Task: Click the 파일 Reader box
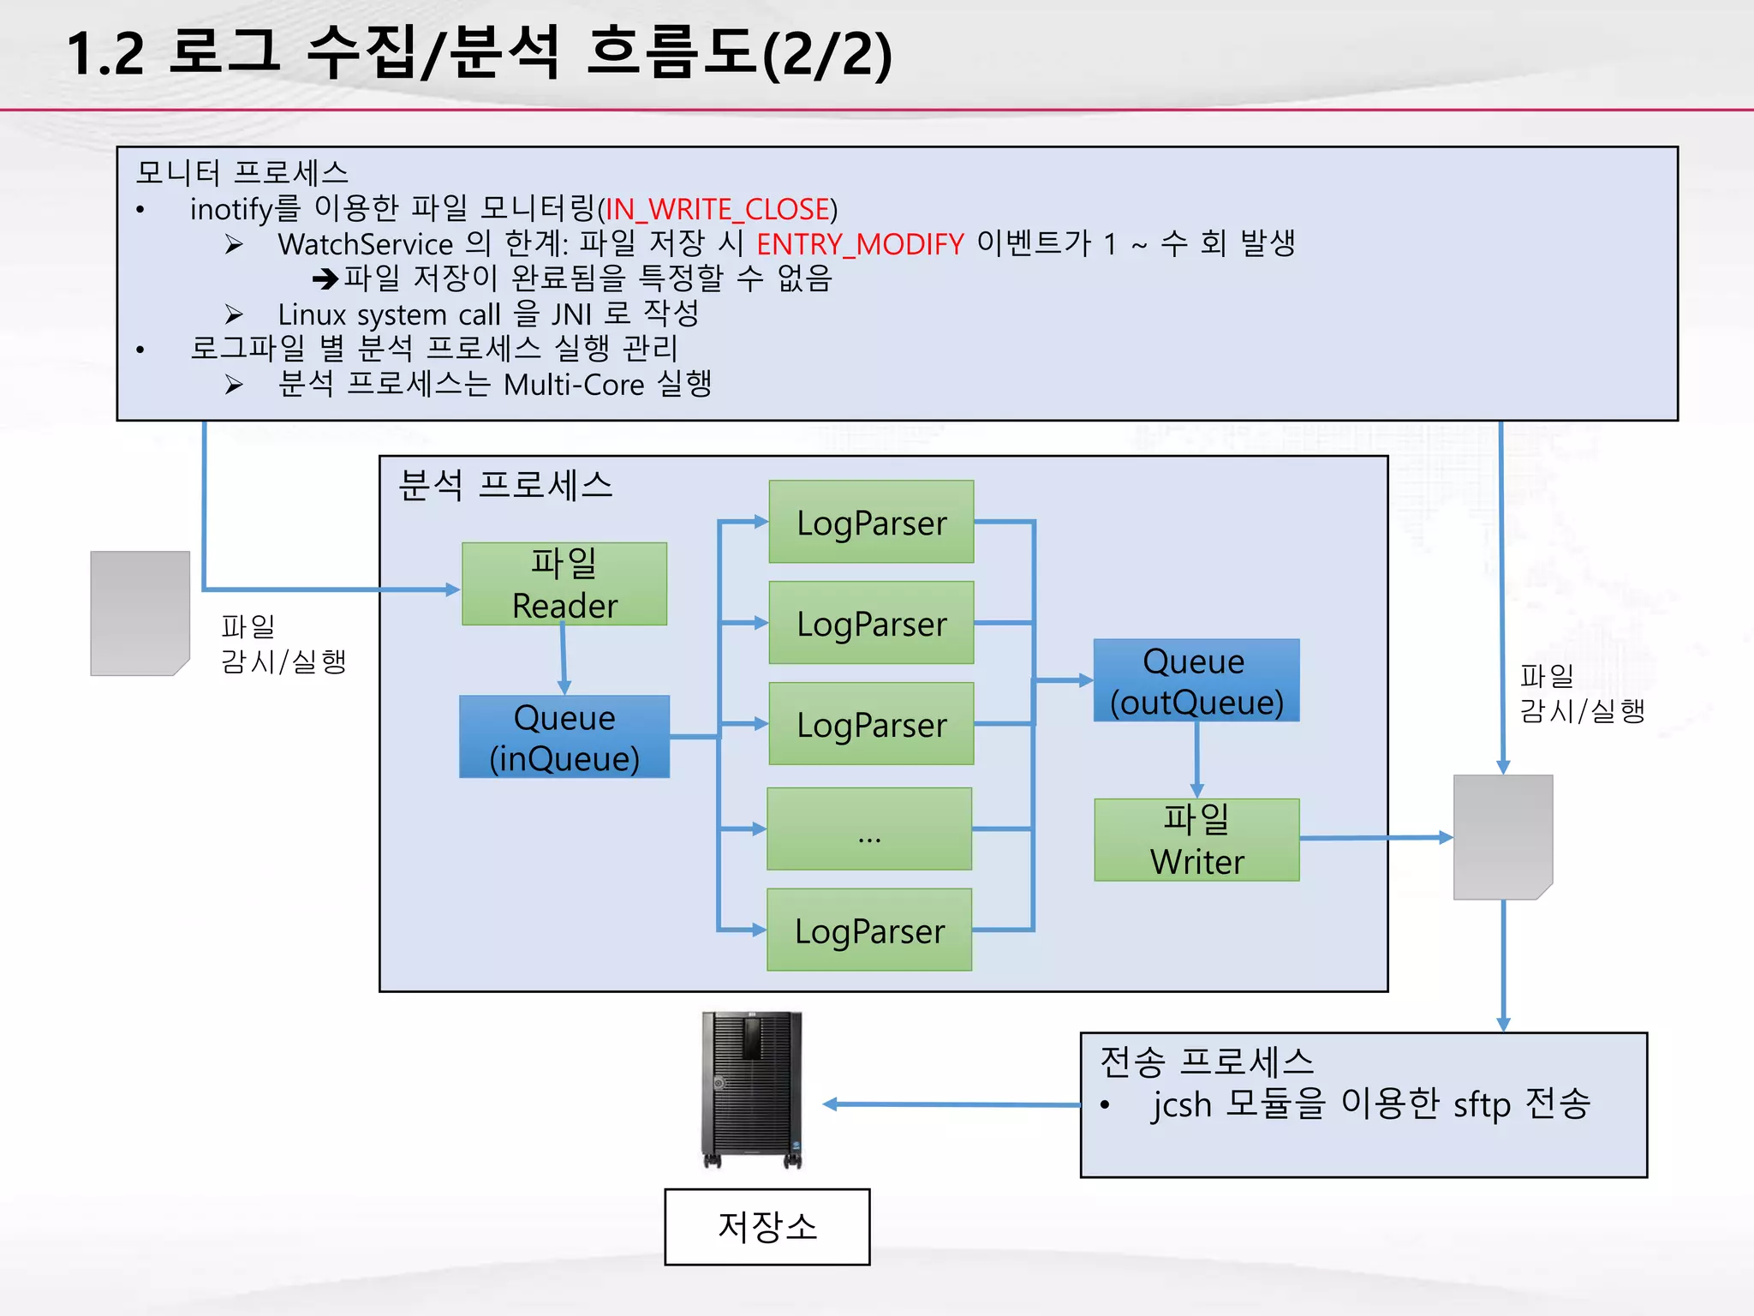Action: click(564, 583)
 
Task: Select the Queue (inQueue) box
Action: click(564, 737)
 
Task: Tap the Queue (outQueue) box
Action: click(1196, 680)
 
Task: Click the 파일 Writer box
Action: click(1196, 840)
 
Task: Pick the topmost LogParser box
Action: click(871, 522)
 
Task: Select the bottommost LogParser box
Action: click(869, 930)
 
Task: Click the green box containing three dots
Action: click(869, 828)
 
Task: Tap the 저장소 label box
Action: click(767, 1226)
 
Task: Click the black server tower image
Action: click(751, 1089)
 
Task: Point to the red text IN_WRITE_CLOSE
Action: click(718, 209)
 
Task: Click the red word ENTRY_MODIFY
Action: click(860, 245)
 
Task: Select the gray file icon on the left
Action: click(140, 613)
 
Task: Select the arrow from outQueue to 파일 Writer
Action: click(1196, 759)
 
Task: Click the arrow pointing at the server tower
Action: click(951, 1104)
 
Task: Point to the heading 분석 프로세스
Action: click(505, 486)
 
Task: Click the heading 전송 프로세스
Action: click(1206, 1062)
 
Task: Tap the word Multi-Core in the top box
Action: click(573, 385)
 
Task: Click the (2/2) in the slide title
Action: click(826, 55)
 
